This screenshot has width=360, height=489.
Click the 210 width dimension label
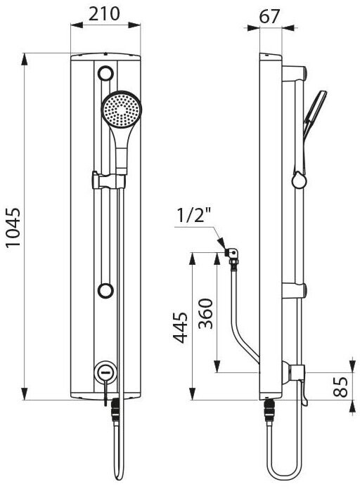(x=104, y=14)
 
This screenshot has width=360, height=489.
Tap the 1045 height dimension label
(x=13, y=228)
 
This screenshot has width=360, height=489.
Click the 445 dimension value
(x=181, y=327)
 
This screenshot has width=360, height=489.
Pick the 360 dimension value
(x=206, y=314)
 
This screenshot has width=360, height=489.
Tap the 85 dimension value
(x=340, y=386)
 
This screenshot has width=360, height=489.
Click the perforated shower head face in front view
(x=121, y=110)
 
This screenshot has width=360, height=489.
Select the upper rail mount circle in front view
(x=105, y=74)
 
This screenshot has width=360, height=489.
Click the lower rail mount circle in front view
(x=105, y=291)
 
